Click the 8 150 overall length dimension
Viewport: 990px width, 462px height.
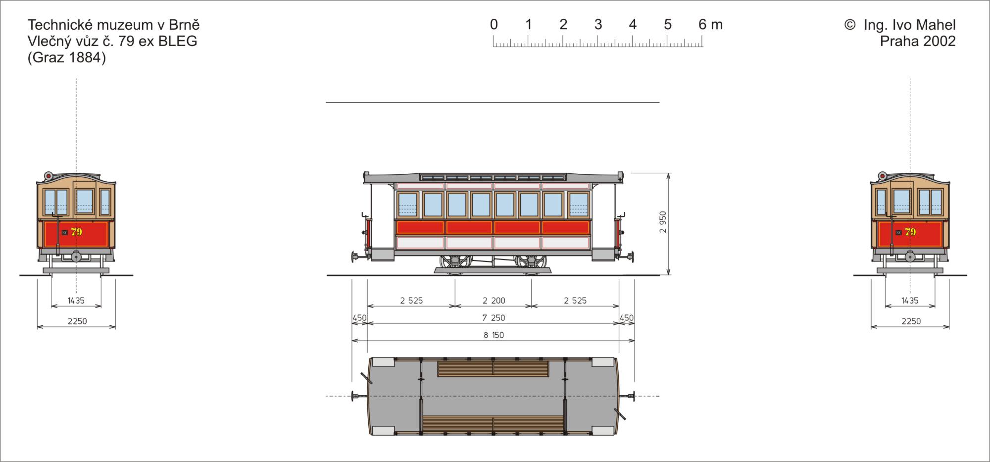coord(494,335)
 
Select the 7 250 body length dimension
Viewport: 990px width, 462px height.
coord(494,318)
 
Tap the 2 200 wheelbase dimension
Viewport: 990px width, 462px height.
coord(494,301)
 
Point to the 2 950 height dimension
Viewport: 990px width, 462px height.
coord(663,222)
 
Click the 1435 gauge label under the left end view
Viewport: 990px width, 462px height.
coord(76,301)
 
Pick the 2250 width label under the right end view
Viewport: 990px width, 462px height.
coord(911,321)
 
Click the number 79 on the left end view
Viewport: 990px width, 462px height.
coord(76,232)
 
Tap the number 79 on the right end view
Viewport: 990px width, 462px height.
coord(910,232)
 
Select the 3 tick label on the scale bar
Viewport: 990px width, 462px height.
coord(598,24)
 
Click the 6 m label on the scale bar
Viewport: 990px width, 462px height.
coord(710,24)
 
